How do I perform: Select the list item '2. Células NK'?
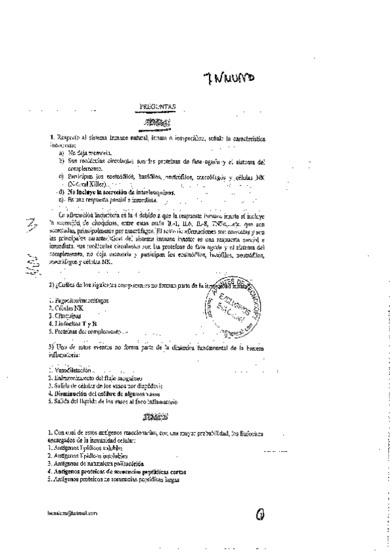[63, 306]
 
